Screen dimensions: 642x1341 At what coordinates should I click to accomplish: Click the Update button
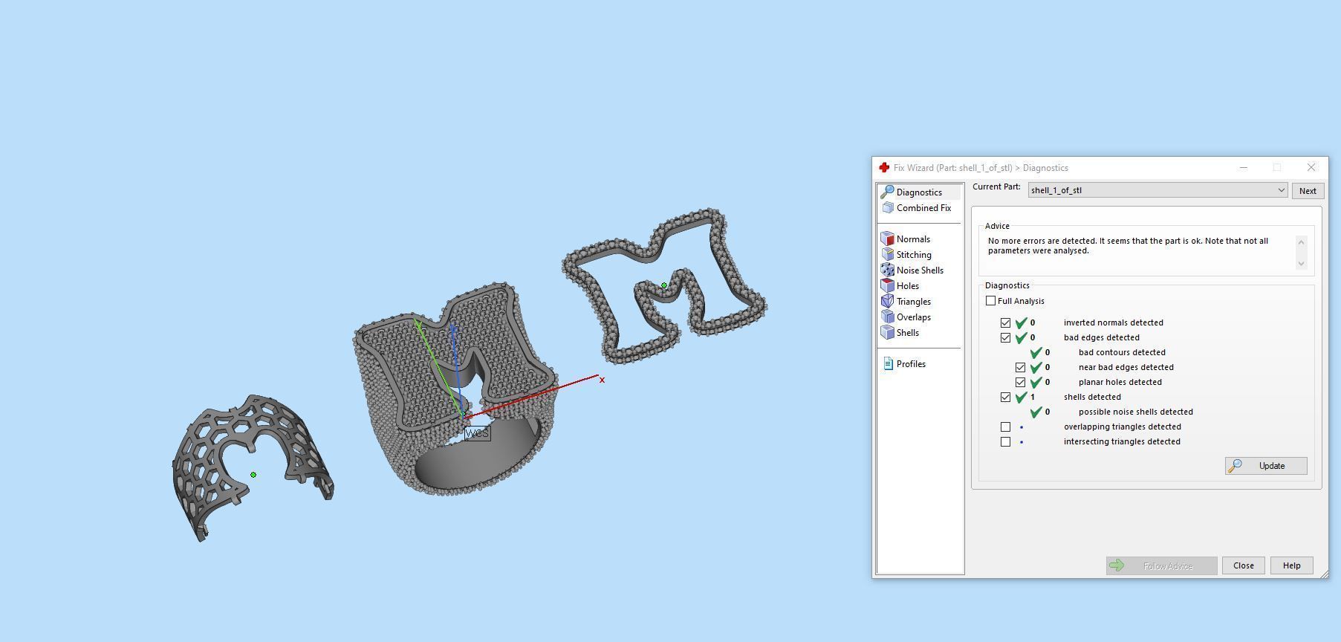click(1266, 466)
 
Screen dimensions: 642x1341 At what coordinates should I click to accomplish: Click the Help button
click(1291, 565)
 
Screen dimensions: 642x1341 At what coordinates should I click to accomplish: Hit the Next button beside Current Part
click(1308, 191)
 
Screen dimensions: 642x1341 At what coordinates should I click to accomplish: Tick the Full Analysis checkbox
click(991, 301)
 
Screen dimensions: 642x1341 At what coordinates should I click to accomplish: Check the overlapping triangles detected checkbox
click(1006, 427)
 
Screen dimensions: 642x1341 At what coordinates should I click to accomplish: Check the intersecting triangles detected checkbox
click(1006, 441)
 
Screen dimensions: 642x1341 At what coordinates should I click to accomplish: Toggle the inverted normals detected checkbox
click(1006, 322)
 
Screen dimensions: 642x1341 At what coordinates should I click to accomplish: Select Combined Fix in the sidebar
click(923, 208)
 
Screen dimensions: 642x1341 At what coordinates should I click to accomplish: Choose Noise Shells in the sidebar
click(919, 270)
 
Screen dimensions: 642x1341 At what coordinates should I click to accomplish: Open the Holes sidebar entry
click(907, 286)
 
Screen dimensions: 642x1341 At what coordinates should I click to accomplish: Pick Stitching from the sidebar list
click(913, 255)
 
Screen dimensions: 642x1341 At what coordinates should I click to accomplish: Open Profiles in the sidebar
click(910, 364)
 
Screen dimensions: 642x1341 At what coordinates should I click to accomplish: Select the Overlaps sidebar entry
click(913, 317)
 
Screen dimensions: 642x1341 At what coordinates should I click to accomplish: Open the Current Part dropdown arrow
click(1281, 190)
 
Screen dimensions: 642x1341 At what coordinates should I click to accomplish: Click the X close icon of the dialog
click(1311, 167)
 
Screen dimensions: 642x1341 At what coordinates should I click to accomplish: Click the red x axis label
click(602, 380)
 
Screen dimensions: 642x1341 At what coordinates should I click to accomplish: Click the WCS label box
click(477, 433)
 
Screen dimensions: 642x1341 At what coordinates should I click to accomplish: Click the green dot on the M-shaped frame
click(664, 285)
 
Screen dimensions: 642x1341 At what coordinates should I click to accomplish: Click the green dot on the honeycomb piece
click(253, 475)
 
